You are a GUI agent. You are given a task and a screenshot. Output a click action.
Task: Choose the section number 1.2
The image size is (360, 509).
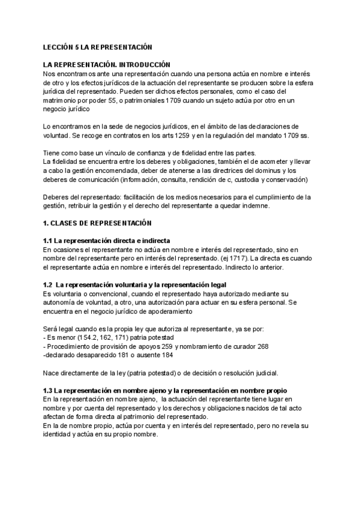tap(49, 285)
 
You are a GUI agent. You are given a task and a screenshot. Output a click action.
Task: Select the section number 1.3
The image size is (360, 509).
tap(49, 390)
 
